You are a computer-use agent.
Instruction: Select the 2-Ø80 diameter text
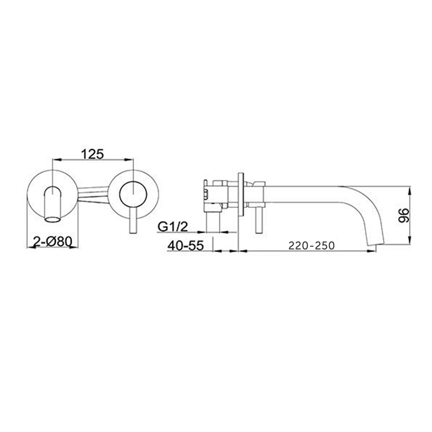(52, 242)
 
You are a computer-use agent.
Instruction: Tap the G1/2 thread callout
(173, 226)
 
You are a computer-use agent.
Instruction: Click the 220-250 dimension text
(311, 245)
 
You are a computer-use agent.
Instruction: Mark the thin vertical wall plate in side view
(241, 194)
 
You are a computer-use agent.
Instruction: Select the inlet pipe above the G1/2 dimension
(213, 220)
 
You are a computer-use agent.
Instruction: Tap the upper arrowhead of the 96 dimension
(409, 190)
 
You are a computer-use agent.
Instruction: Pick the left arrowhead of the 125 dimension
(55, 160)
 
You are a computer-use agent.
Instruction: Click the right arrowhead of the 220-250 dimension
(373, 251)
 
